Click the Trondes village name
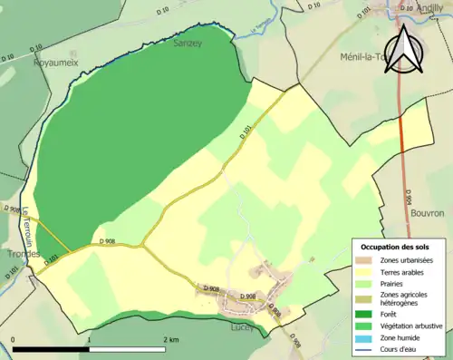[20, 254]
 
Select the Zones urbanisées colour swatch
[364, 259]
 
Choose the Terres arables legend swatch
[364, 271]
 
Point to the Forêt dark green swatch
[364, 311]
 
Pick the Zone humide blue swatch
[364, 335]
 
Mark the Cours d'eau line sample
[364, 346]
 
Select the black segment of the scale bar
[52, 348]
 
